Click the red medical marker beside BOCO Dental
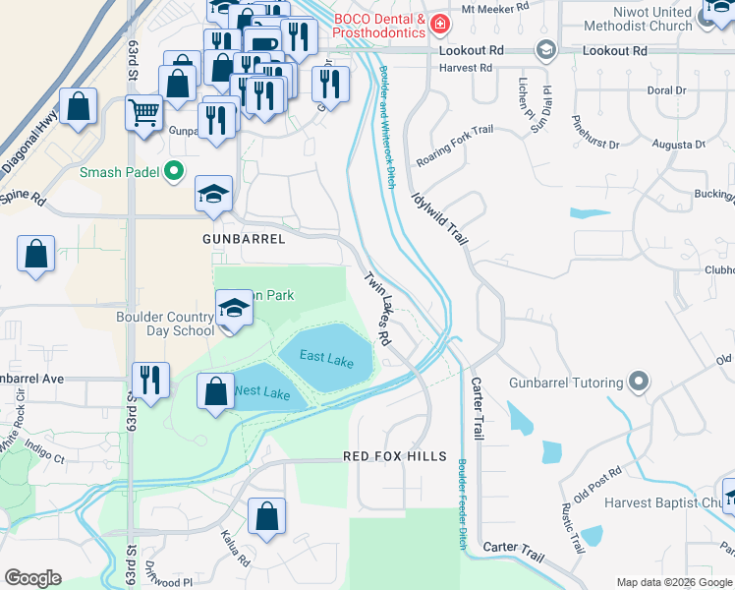(x=442, y=23)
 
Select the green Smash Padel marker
(x=175, y=172)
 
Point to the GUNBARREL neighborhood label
(x=244, y=239)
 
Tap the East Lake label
(x=326, y=360)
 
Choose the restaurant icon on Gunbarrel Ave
(x=150, y=379)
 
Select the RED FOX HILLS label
(x=394, y=457)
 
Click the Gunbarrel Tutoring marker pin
(x=640, y=382)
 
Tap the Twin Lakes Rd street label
(x=377, y=309)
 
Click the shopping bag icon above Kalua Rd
(x=266, y=514)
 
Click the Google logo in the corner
(x=32, y=578)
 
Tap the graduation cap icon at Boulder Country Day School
(x=233, y=310)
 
